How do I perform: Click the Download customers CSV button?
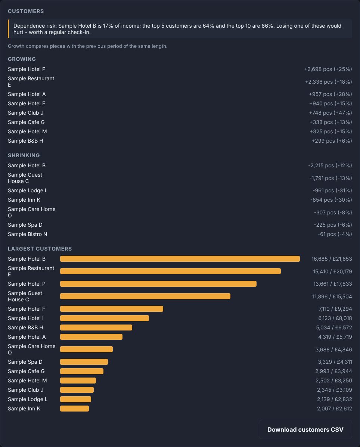pyautogui.click(x=305, y=429)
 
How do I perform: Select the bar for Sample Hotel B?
pyautogui.click(x=180, y=259)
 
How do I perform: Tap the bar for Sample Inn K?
pyautogui.click(x=74, y=409)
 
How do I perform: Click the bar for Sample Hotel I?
pyautogui.click(x=105, y=318)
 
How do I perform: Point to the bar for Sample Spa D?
pyautogui.click(x=84, y=362)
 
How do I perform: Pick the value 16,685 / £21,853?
pyautogui.click(x=332, y=259)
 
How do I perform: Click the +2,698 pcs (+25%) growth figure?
pyautogui.click(x=328, y=69)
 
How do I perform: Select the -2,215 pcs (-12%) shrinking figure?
pyautogui.click(x=330, y=165)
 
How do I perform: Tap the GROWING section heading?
pyautogui.click(x=22, y=59)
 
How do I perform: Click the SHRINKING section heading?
pyautogui.click(x=24, y=155)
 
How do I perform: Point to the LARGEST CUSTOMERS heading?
pyautogui.click(x=40, y=249)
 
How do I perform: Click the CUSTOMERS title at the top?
pyautogui.click(x=26, y=11)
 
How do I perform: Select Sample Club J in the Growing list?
pyautogui.click(x=26, y=113)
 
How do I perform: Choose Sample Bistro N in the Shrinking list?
pyautogui.click(x=28, y=234)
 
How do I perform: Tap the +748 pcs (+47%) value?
pyautogui.click(x=330, y=113)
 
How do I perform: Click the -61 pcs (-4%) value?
pyautogui.click(x=335, y=234)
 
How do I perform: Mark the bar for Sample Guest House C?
pyautogui.click(x=145, y=296)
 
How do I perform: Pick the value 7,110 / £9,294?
pyautogui.click(x=335, y=309)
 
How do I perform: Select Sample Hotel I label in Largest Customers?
pyautogui.click(x=26, y=318)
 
